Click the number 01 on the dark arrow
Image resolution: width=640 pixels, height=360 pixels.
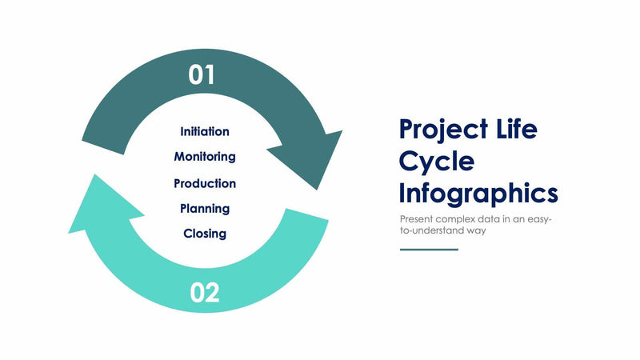click(202, 75)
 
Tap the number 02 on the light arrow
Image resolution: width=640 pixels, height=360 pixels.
click(205, 293)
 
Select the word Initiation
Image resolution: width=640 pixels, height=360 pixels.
click(205, 131)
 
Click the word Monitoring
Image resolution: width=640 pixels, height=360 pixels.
click(205, 156)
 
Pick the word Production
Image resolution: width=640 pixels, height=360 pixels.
click(205, 183)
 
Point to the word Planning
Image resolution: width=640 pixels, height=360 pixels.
click(205, 209)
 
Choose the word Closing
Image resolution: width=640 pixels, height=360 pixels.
click(205, 234)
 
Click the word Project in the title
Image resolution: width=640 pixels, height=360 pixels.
click(443, 130)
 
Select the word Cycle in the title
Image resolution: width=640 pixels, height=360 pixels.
click(436, 162)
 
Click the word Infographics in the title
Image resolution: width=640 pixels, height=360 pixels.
click(478, 194)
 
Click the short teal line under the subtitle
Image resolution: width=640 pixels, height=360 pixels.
click(429, 250)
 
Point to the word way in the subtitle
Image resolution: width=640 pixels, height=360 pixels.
click(478, 230)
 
